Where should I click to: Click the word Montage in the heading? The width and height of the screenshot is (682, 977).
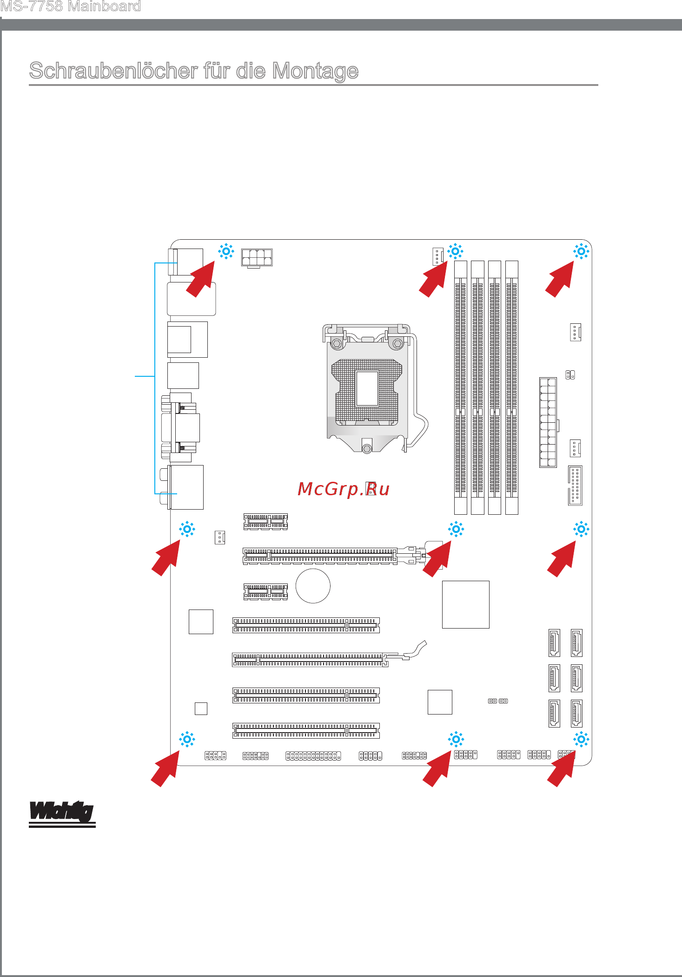pos(315,72)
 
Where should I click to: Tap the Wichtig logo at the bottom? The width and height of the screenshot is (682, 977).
pos(62,813)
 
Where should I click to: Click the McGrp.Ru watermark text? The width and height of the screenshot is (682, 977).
pos(344,489)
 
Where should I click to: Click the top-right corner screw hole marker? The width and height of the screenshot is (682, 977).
pos(581,251)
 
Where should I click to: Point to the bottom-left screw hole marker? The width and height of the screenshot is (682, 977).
pos(187,739)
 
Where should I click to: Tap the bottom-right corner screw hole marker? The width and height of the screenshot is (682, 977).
pos(581,739)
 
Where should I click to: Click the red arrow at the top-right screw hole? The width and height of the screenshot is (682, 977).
pos(560,279)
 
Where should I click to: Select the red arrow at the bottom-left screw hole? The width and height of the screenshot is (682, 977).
pos(166,768)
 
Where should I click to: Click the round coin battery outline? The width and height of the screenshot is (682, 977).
pos(313,586)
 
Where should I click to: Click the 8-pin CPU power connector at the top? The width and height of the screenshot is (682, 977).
pos(257,257)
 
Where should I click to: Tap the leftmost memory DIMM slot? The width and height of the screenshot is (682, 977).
pos(461,387)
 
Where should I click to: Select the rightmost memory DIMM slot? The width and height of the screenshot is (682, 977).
pos(512,387)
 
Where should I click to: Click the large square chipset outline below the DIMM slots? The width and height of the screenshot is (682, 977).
pos(466,604)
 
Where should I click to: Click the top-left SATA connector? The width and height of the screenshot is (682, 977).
pos(554,643)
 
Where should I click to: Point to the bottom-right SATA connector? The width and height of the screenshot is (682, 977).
pos(576,713)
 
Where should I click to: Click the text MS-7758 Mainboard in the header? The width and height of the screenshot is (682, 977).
pos(71,7)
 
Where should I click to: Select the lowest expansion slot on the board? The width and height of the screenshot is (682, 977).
pos(306,730)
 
